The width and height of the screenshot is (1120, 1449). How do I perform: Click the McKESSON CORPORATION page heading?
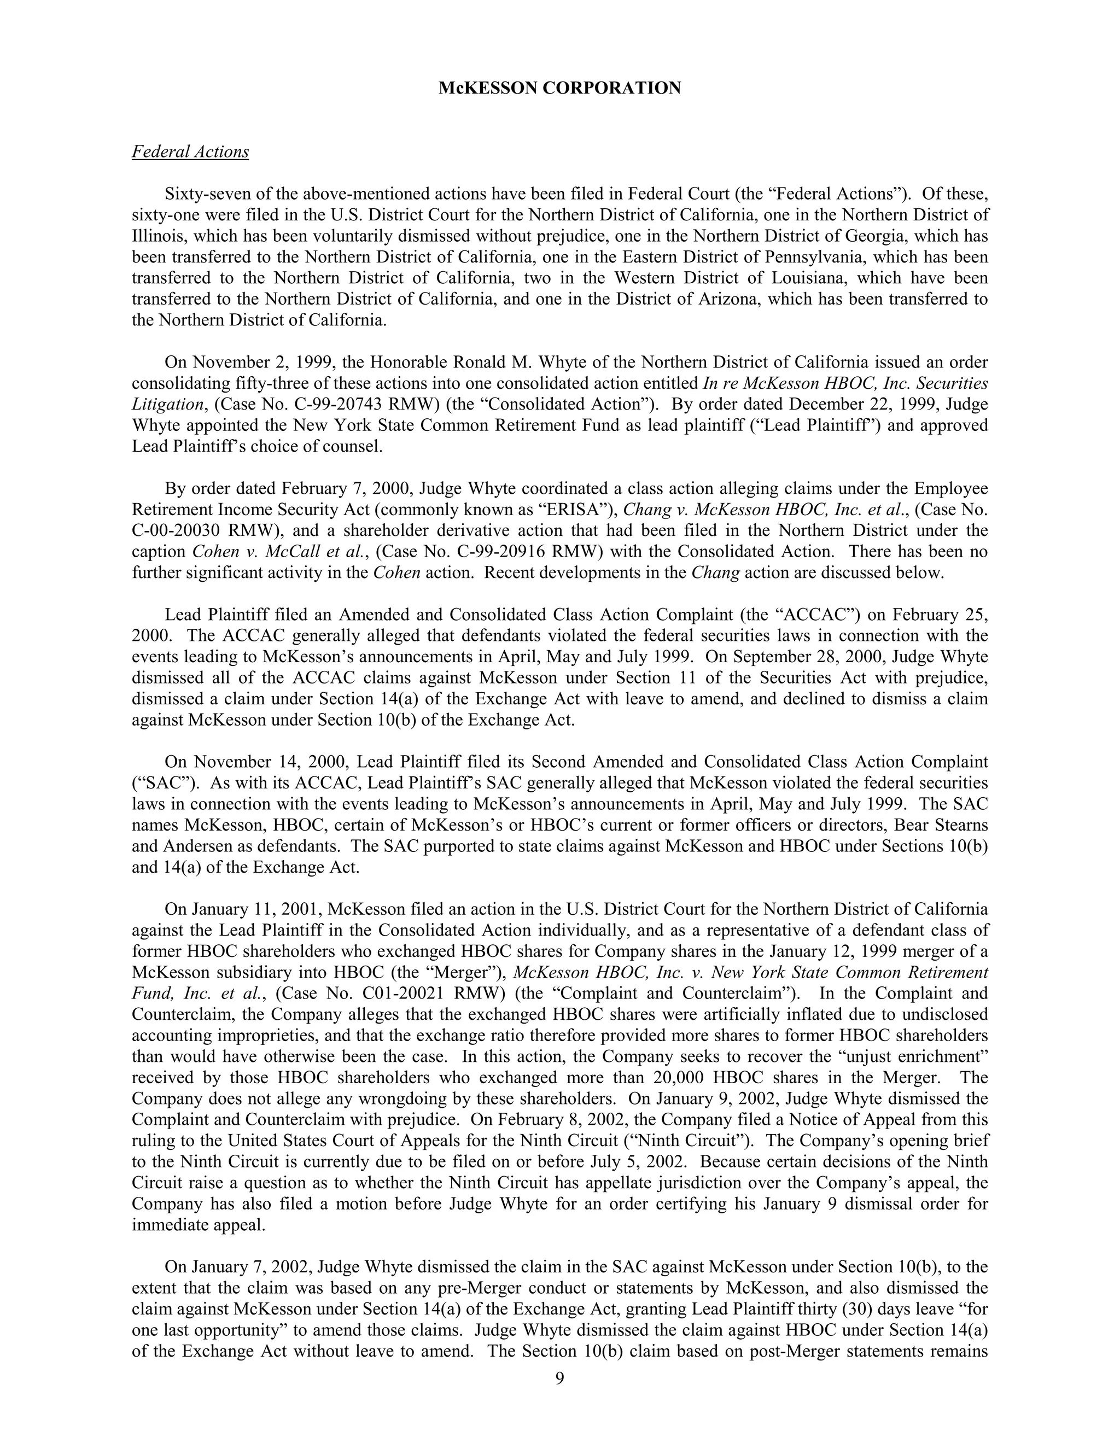click(x=559, y=88)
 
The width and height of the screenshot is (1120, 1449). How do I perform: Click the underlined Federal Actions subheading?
click(x=190, y=152)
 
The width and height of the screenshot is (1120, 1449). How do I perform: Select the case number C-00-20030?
click(x=174, y=531)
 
